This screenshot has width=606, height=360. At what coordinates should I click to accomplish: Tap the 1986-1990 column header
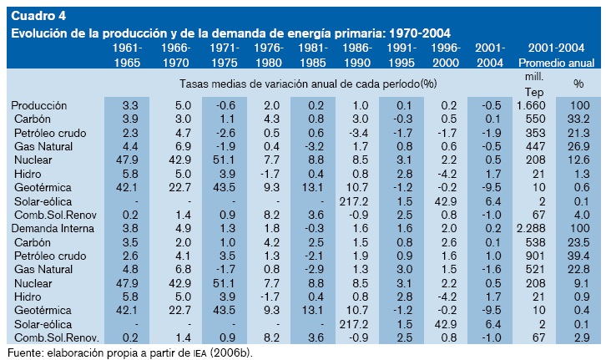(356, 56)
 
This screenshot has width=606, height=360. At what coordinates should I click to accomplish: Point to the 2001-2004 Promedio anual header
(556, 56)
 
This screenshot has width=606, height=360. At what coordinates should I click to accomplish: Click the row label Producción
(38, 105)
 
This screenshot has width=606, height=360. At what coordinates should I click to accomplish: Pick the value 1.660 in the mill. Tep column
(531, 105)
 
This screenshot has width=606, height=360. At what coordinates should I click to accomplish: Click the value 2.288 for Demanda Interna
(531, 226)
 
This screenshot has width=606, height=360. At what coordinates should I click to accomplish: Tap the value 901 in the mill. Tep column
(534, 254)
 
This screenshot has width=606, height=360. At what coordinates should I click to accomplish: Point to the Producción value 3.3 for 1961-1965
(129, 105)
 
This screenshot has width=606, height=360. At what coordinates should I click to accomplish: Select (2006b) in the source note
(229, 352)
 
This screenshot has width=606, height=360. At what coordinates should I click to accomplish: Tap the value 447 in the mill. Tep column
(534, 145)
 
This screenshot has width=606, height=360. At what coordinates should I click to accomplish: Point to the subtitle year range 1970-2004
(414, 33)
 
